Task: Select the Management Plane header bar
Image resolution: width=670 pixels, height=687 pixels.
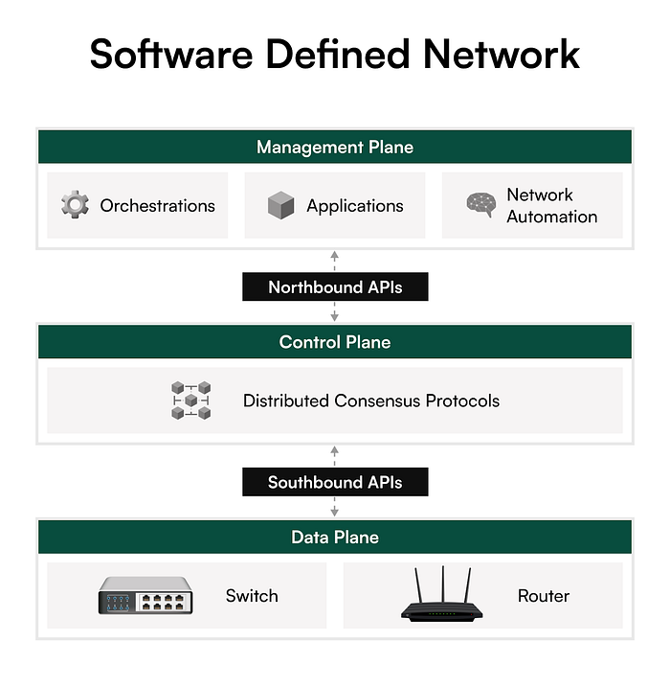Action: (335, 148)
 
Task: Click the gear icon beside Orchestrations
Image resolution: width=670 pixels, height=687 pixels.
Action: (76, 205)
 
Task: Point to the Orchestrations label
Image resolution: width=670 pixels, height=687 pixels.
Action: (158, 205)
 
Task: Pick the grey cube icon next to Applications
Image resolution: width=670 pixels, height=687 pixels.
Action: (281, 205)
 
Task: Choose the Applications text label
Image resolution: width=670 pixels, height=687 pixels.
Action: (355, 205)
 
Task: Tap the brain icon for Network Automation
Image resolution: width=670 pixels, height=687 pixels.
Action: (480, 204)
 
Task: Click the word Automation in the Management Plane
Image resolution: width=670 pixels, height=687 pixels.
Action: (552, 217)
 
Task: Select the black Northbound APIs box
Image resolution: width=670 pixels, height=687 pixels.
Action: (335, 286)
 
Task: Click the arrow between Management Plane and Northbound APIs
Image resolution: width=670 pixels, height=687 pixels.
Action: (335, 262)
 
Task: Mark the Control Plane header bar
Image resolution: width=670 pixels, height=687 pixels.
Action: (335, 342)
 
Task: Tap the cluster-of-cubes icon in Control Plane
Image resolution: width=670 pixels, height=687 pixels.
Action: (191, 401)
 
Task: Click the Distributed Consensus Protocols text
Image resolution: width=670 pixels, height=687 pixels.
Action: (371, 401)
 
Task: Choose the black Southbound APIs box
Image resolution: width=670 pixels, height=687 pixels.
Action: (335, 482)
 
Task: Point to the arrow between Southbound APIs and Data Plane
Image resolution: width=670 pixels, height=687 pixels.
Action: (335, 507)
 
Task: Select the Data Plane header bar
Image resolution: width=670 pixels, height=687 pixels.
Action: (335, 538)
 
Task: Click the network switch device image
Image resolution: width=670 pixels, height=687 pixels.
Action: (145, 596)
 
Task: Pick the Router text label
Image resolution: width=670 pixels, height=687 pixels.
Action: (544, 596)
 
